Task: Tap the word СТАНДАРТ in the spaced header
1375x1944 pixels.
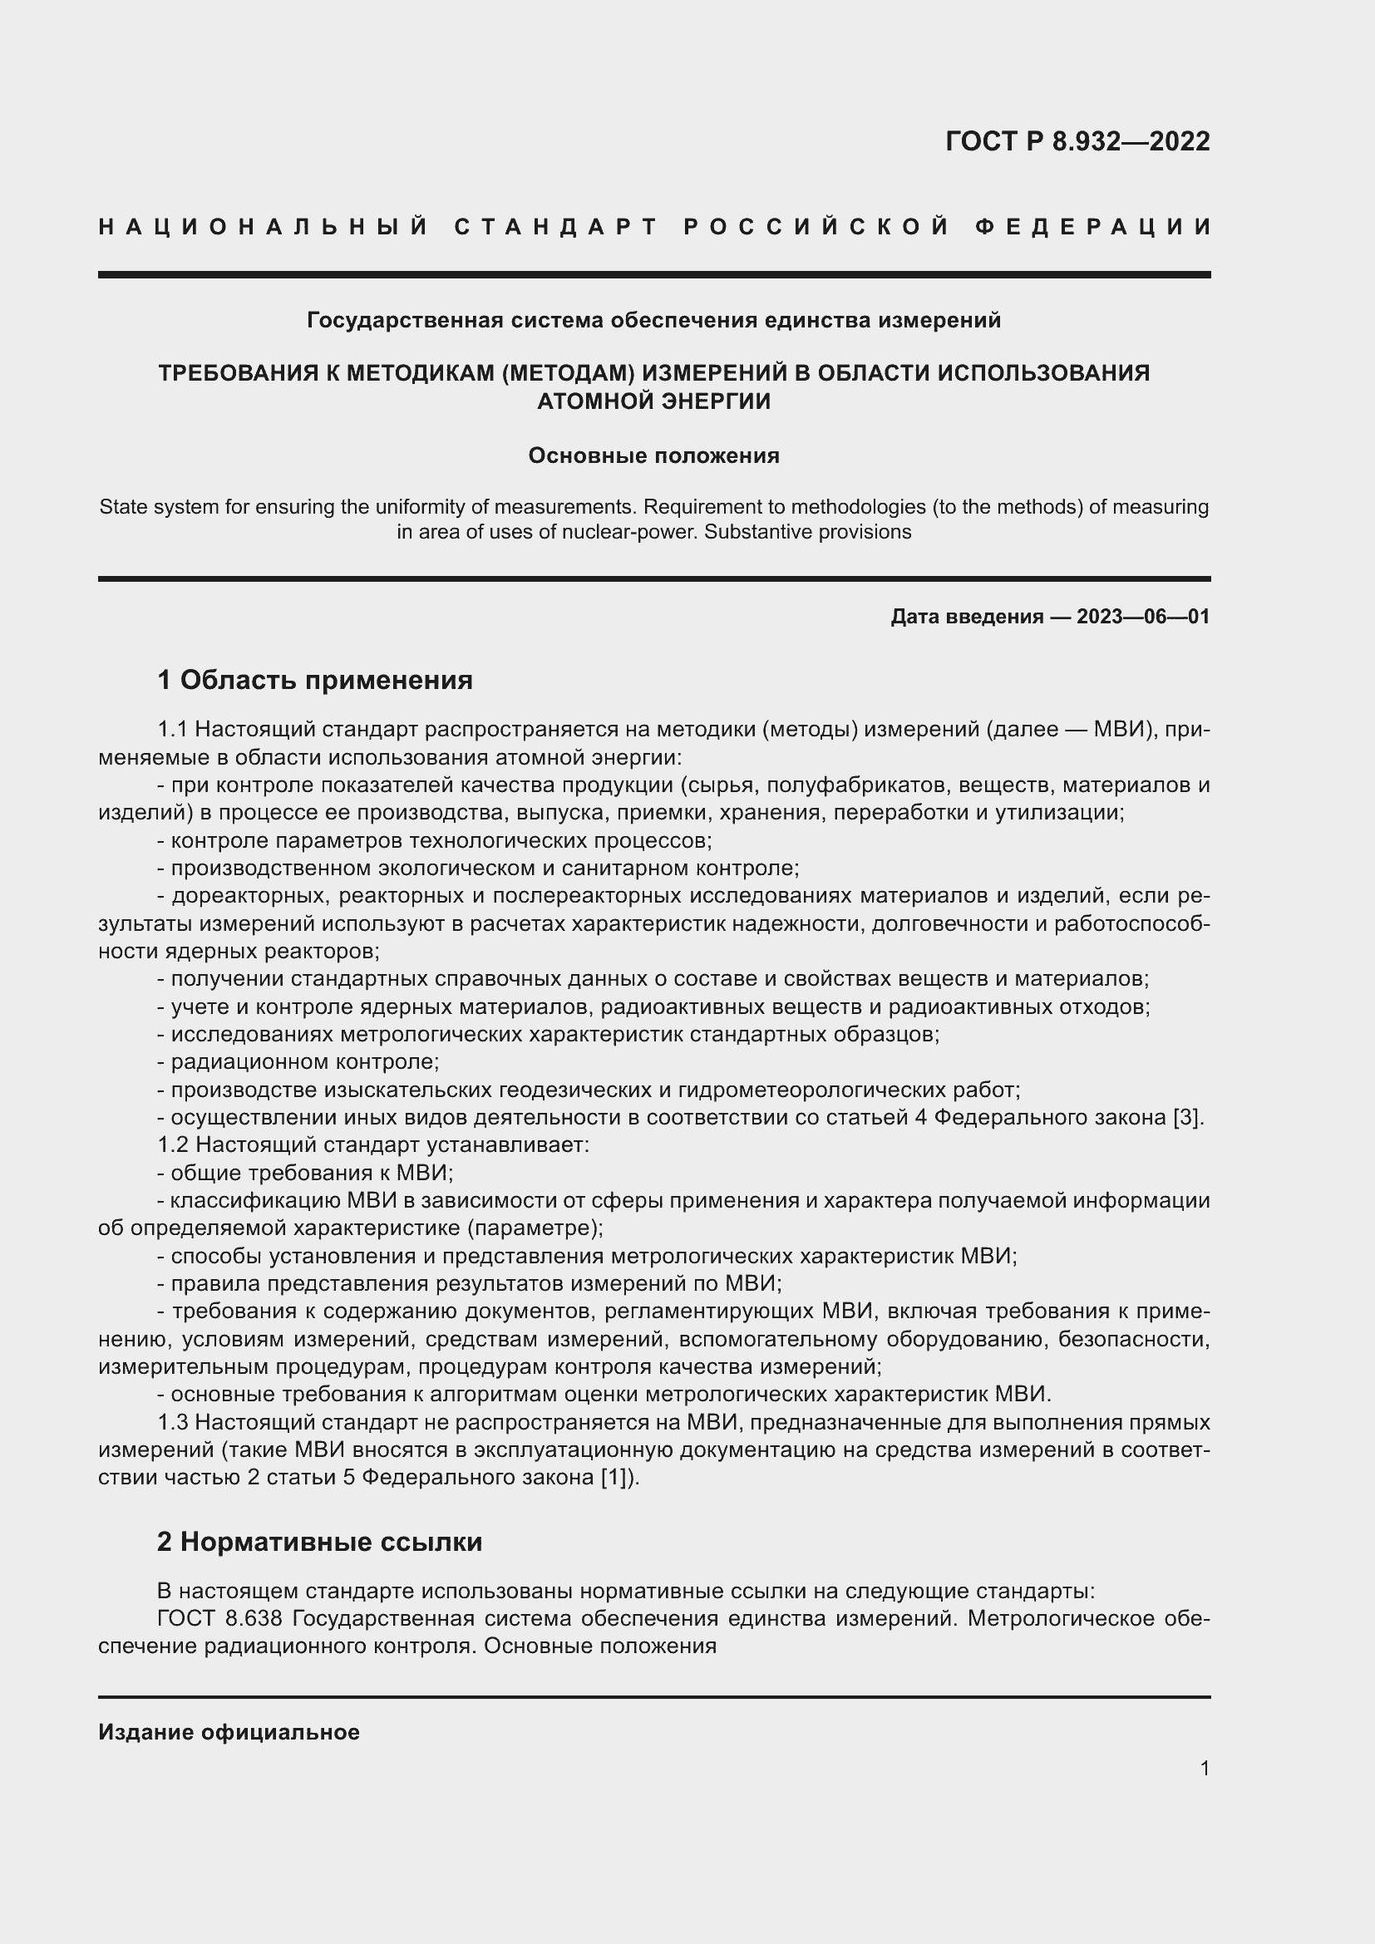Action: click(x=556, y=227)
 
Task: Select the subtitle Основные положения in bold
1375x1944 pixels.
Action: click(x=653, y=455)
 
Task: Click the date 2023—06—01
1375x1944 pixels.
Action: click(x=1143, y=617)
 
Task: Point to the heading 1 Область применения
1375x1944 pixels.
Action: click(x=315, y=680)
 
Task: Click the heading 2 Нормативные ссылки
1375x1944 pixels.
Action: click(x=319, y=1542)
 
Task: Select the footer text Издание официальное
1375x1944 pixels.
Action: click(x=229, y=1726)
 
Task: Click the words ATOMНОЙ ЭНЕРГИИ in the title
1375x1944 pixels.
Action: click(x=653, y=401)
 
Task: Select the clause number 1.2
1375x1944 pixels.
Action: click(x=174, y=1145)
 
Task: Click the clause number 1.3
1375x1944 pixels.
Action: click(x=174, y=1422)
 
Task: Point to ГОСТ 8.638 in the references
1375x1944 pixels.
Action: click(x=220, y=1619)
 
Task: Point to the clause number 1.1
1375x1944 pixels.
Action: click(x=174, y=730)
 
